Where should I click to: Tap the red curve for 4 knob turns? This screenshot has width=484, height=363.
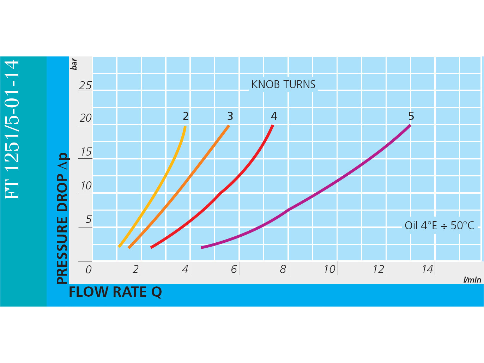220,193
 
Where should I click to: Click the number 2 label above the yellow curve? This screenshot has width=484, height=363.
186,116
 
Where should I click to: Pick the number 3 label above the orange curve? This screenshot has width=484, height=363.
230,116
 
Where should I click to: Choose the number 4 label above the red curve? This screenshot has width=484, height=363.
274,116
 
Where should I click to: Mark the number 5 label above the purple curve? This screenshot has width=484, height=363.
411,116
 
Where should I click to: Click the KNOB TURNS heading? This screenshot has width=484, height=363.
283,85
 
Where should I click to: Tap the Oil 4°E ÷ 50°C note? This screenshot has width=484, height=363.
439,225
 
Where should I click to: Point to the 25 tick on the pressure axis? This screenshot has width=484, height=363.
85,85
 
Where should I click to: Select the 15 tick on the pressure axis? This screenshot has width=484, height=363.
86,152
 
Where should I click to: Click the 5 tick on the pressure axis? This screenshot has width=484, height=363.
89,219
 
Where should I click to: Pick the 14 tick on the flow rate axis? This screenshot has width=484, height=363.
427,270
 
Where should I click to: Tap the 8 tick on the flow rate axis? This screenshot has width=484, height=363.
283,270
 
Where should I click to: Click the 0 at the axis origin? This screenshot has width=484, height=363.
89,270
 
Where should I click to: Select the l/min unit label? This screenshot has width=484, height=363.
472,280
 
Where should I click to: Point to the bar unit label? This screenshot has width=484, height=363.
74,64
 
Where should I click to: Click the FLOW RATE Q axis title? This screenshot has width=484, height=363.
115,292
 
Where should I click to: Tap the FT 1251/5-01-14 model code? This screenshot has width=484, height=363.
12,129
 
